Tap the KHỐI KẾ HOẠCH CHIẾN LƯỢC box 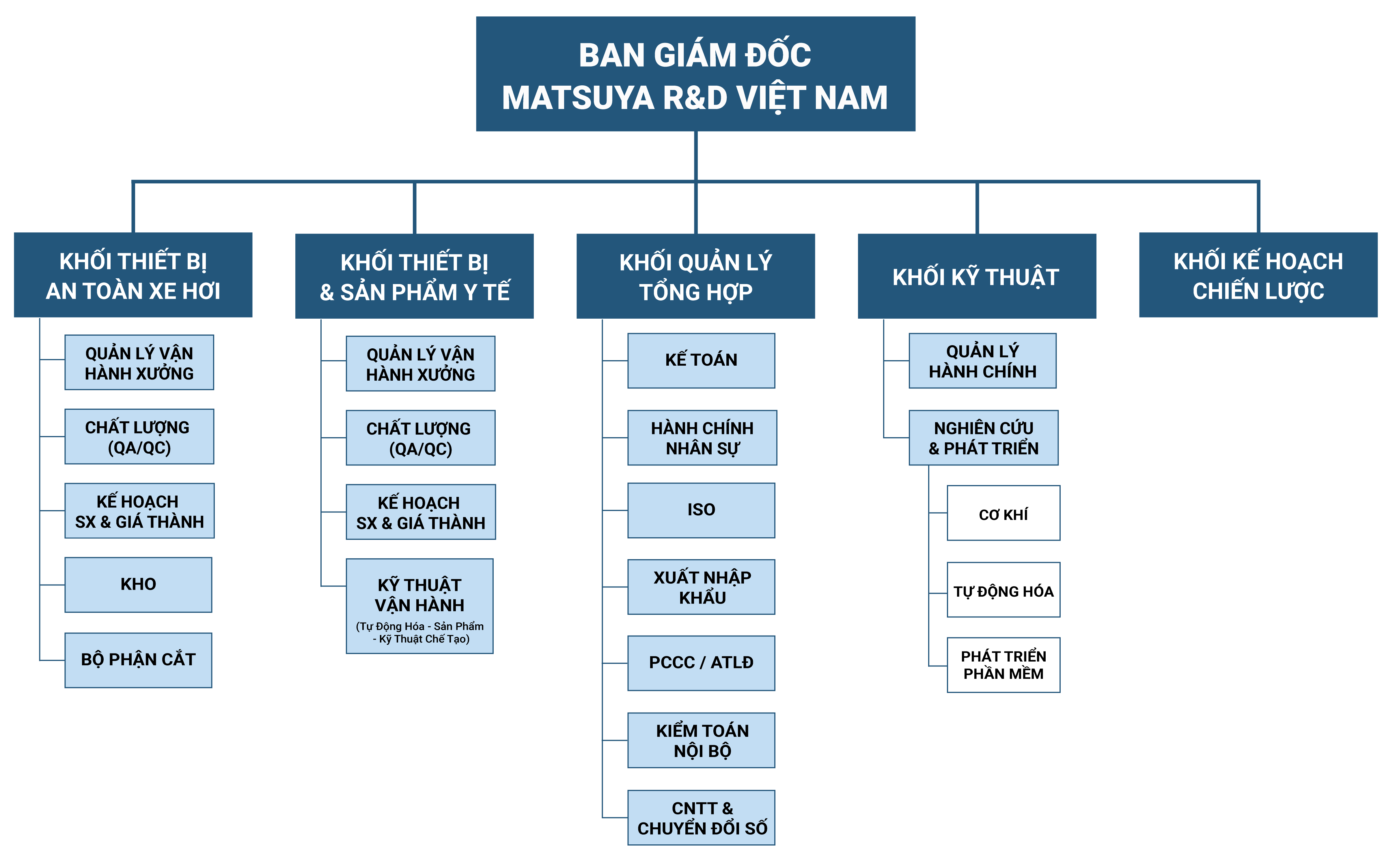click(x=1258, y=275)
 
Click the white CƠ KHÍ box click(x=1003, y=513)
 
